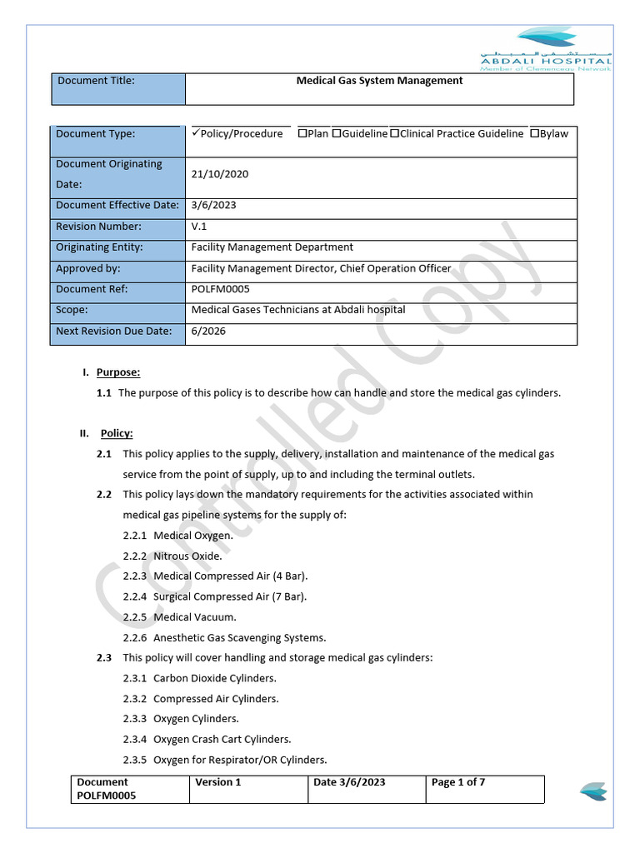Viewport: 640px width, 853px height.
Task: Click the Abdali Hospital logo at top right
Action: [546, 48]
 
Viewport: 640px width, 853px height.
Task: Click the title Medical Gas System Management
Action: [379, 81]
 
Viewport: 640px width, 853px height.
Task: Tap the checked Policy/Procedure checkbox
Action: [195, 133]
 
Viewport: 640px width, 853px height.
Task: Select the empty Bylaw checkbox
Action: [534, 133]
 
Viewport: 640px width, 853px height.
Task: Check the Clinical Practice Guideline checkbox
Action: [394, 133]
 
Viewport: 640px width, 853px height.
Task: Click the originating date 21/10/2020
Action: [220, 174]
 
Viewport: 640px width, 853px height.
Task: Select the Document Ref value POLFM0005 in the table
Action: [220, 289]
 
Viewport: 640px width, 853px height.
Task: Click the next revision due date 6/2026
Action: [207, 331]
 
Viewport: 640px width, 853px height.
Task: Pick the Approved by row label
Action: [88, 268]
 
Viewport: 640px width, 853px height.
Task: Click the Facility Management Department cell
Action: [272, 247]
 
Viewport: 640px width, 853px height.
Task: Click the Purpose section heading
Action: [118, 372]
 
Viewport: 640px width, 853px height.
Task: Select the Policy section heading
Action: [117, 433]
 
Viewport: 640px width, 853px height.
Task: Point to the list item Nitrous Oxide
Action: [187, 556]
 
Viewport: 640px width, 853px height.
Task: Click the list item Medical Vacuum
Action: [194, 617]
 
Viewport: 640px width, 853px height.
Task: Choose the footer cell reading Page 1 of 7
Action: [458, 782]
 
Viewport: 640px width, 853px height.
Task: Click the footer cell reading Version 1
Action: [218, 782]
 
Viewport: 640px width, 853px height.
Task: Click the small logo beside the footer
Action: [592, 791]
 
